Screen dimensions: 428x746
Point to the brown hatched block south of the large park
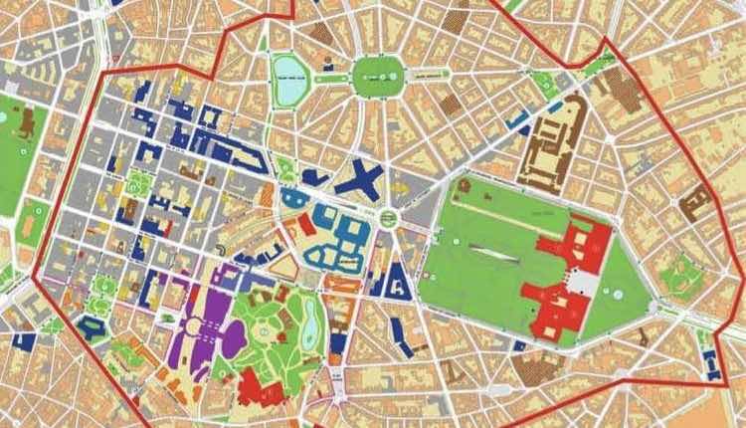pyautogui.click(x=537, y=369)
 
